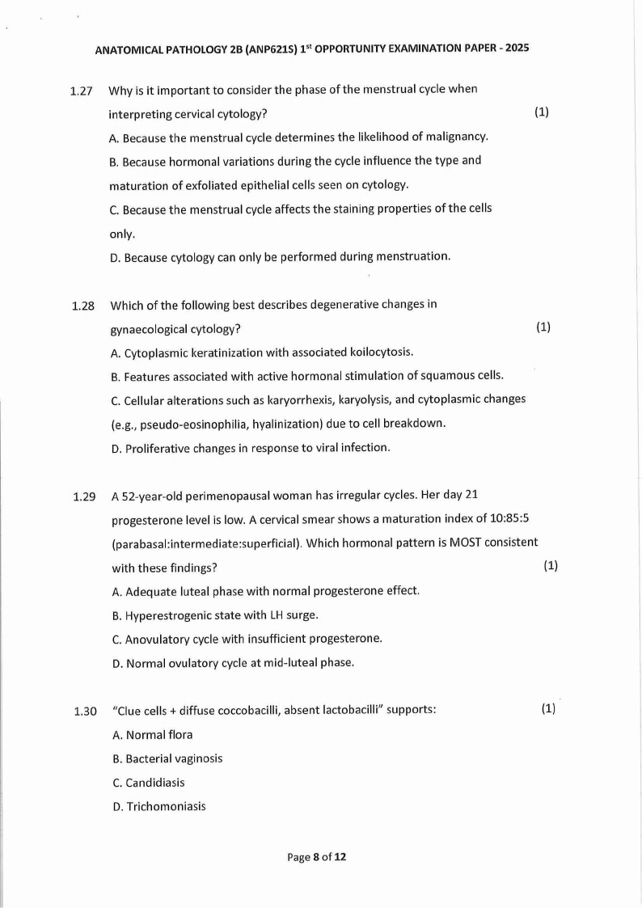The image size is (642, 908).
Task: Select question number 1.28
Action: pyautogui.click(x=82, y=306)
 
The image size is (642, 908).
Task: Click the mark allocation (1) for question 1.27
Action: pyautogui.click(x=542, y=112)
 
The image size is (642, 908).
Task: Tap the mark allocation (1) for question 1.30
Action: pyautogui.click(x=549, y=709)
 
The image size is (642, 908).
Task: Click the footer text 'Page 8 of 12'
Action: pyautogui.click(x=317, y=857)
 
